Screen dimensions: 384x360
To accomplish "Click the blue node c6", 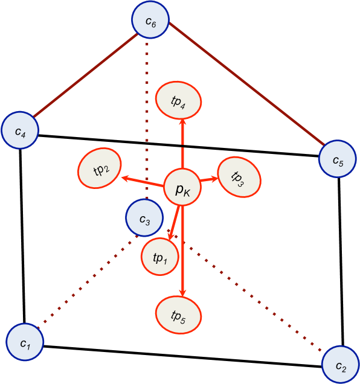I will (150, 21).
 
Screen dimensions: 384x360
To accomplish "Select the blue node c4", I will (20, 130).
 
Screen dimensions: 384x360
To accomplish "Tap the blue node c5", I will (337, 159).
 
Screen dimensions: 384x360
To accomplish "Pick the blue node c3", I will (144, 217).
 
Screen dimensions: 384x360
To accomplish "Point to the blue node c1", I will (25, 342).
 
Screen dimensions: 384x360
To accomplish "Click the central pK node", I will (182, 188).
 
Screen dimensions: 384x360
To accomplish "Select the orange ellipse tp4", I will (179, 100).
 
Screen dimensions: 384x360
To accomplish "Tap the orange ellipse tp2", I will (100, 167).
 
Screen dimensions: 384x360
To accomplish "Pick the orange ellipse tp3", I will (239, 176).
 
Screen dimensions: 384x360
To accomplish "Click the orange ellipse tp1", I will (160, 257).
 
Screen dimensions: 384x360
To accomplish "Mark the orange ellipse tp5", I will (179, 315).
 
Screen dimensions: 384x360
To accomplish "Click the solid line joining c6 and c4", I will (85, 75).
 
